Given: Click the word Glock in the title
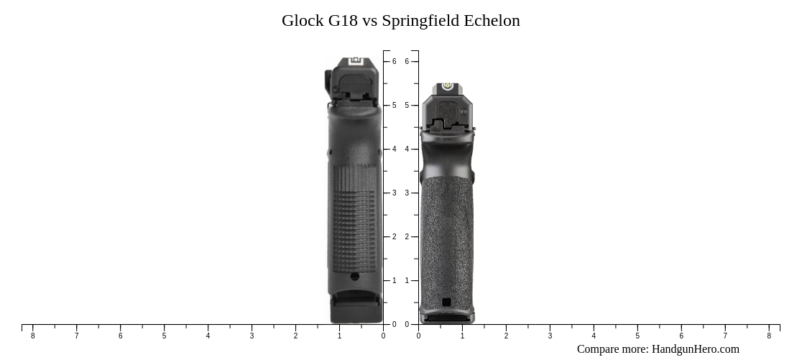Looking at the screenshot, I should [x=303, y=21].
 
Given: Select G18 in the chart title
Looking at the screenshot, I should [x=343, y=21].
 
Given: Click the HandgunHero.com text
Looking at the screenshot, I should [x=695, y=349].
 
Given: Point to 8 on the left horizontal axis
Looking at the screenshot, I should [x=32, y=336].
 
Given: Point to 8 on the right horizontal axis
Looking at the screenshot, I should [x=768, y=336].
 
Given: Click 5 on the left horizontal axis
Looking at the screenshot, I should [x=164, y=336].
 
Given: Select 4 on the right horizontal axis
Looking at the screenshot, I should [x=594, y=336].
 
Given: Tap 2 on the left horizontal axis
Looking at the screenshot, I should [x=295, y=336].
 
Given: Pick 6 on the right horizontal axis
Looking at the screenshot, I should [x=681, y=336].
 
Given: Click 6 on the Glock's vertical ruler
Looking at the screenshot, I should [x=394, y=62].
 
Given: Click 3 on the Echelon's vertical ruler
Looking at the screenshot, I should [x=407, y=193].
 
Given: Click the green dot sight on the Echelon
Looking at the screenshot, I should [x=447, y=87].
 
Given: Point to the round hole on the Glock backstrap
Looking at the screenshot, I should [x=354, y=277].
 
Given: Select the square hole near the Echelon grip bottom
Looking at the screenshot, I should [x=446, y=303].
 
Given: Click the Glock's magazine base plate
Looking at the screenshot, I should [x=354, y=312].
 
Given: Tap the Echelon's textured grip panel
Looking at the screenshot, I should [x=446, y=237].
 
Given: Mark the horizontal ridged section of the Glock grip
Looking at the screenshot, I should [x=354, y=216].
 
